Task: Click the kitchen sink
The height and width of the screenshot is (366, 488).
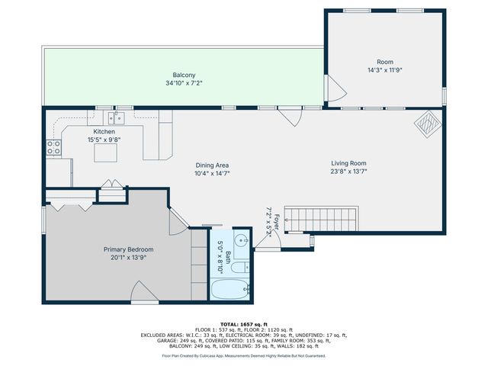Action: click(117, 117)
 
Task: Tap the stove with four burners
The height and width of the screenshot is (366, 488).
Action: click(54, 146)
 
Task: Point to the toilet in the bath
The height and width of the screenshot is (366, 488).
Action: click(239, 268)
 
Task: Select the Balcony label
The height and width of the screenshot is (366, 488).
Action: click(183, 75)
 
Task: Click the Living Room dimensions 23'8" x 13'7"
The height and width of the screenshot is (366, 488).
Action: click(348, 172)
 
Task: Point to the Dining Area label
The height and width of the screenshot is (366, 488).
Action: click(212, 165)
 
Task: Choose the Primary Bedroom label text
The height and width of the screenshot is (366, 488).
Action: click(129, 249)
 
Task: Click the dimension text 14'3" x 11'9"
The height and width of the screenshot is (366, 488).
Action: click(384, 69)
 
